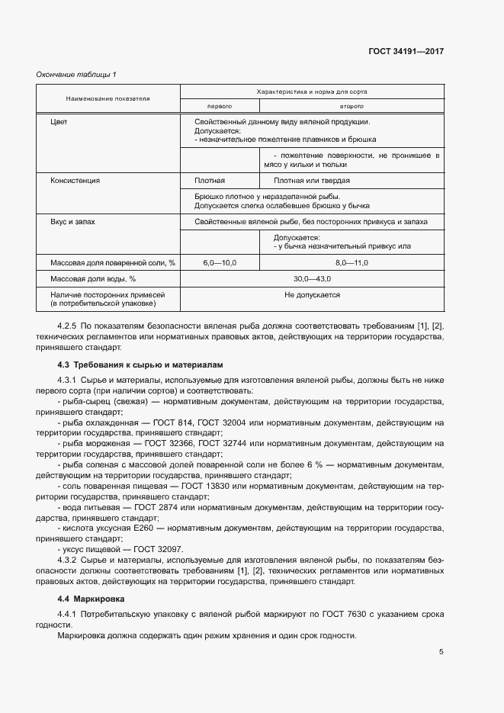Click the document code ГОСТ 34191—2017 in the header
coord(405,52)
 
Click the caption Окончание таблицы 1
coord(76,74)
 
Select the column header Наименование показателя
coord(108,98)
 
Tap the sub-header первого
coord(220,106)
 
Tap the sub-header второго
coord(351,106)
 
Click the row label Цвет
coord(59,122)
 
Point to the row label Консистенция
coord(75,181)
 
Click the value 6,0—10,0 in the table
coord(220,262)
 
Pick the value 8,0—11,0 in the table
coord(351,262)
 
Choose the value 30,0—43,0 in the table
coord(312,278)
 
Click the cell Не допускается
coord(312,294)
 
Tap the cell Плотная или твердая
coord(312,181)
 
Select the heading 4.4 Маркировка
coord(92,599)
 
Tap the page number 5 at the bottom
coord(441,651)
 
